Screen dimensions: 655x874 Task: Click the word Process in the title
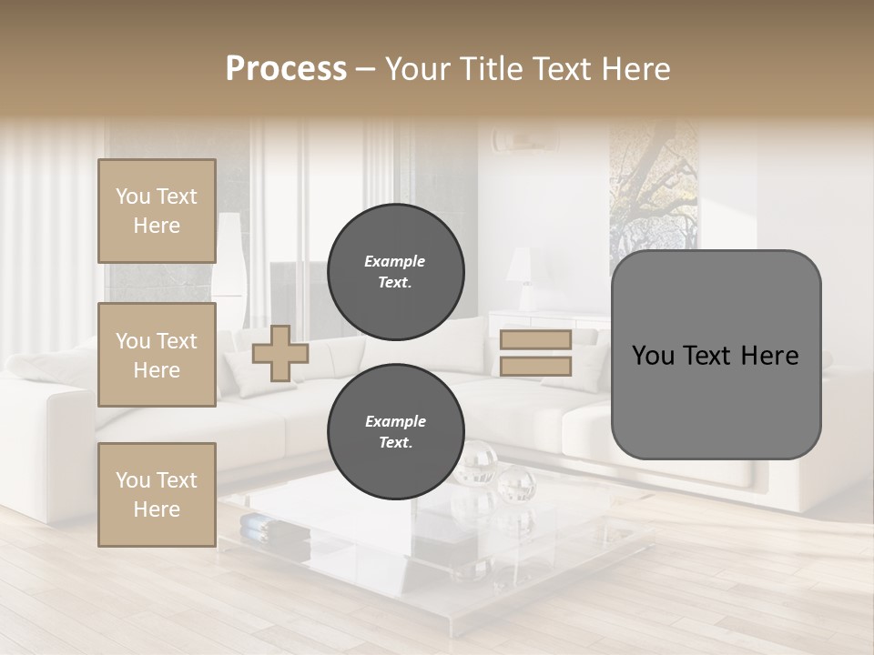click(x=286, y=69)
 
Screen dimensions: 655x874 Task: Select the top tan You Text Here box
click(x=157, y=211)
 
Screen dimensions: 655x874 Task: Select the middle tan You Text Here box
click(x=157, y=355)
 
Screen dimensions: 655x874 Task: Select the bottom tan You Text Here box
click(x=157, y=494)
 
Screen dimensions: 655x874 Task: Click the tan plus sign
click(x=279, y=353)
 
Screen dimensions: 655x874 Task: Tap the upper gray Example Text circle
click(x=395, y=272)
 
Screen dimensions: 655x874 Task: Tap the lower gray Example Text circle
click(x=395, y=432)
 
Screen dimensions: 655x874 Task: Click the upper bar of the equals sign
click(x=535, y=340)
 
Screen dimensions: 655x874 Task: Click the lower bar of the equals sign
click(x=535, y=367)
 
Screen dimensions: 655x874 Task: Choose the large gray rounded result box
click(x=716, y=355)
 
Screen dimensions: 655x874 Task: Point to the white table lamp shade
click(x=519, y=266)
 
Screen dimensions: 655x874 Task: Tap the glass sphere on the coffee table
click(x=516, y=482)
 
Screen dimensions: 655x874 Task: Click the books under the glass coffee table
click(x=260, y=525)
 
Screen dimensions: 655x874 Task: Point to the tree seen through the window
click(x=654, y=186)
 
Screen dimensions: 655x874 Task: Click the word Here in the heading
click(x=635, y=69)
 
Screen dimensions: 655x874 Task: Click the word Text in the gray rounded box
click(x=716, y=356)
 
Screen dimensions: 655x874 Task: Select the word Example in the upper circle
click(x=395, y=261)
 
